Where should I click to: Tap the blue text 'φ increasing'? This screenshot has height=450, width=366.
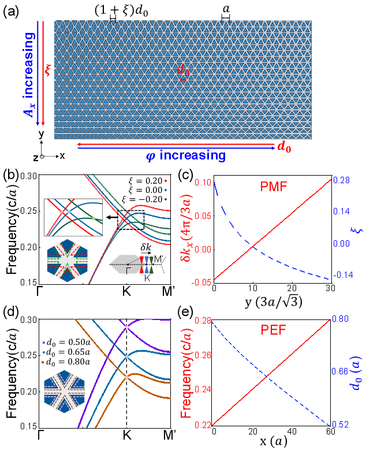click(185, 155)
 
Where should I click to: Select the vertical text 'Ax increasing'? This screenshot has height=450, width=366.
click(29, 75)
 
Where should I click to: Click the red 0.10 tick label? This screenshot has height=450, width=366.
click(204, 183)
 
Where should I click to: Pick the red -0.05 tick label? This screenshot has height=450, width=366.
click(202, 282)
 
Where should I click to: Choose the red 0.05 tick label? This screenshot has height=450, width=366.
click(204, 216)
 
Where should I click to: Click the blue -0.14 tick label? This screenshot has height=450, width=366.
click(342, 275)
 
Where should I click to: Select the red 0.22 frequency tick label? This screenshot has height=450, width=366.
click(204, 425)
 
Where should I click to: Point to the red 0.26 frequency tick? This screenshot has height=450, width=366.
click(204, 355)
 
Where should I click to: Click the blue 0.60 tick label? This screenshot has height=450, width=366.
click(341, 319)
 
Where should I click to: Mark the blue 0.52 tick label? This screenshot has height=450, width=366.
click(341, 425)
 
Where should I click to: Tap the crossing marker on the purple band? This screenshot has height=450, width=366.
click(128, 328)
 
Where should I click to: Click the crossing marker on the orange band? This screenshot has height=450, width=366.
click(127, 377)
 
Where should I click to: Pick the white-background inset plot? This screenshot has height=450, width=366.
click(73, 217)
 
